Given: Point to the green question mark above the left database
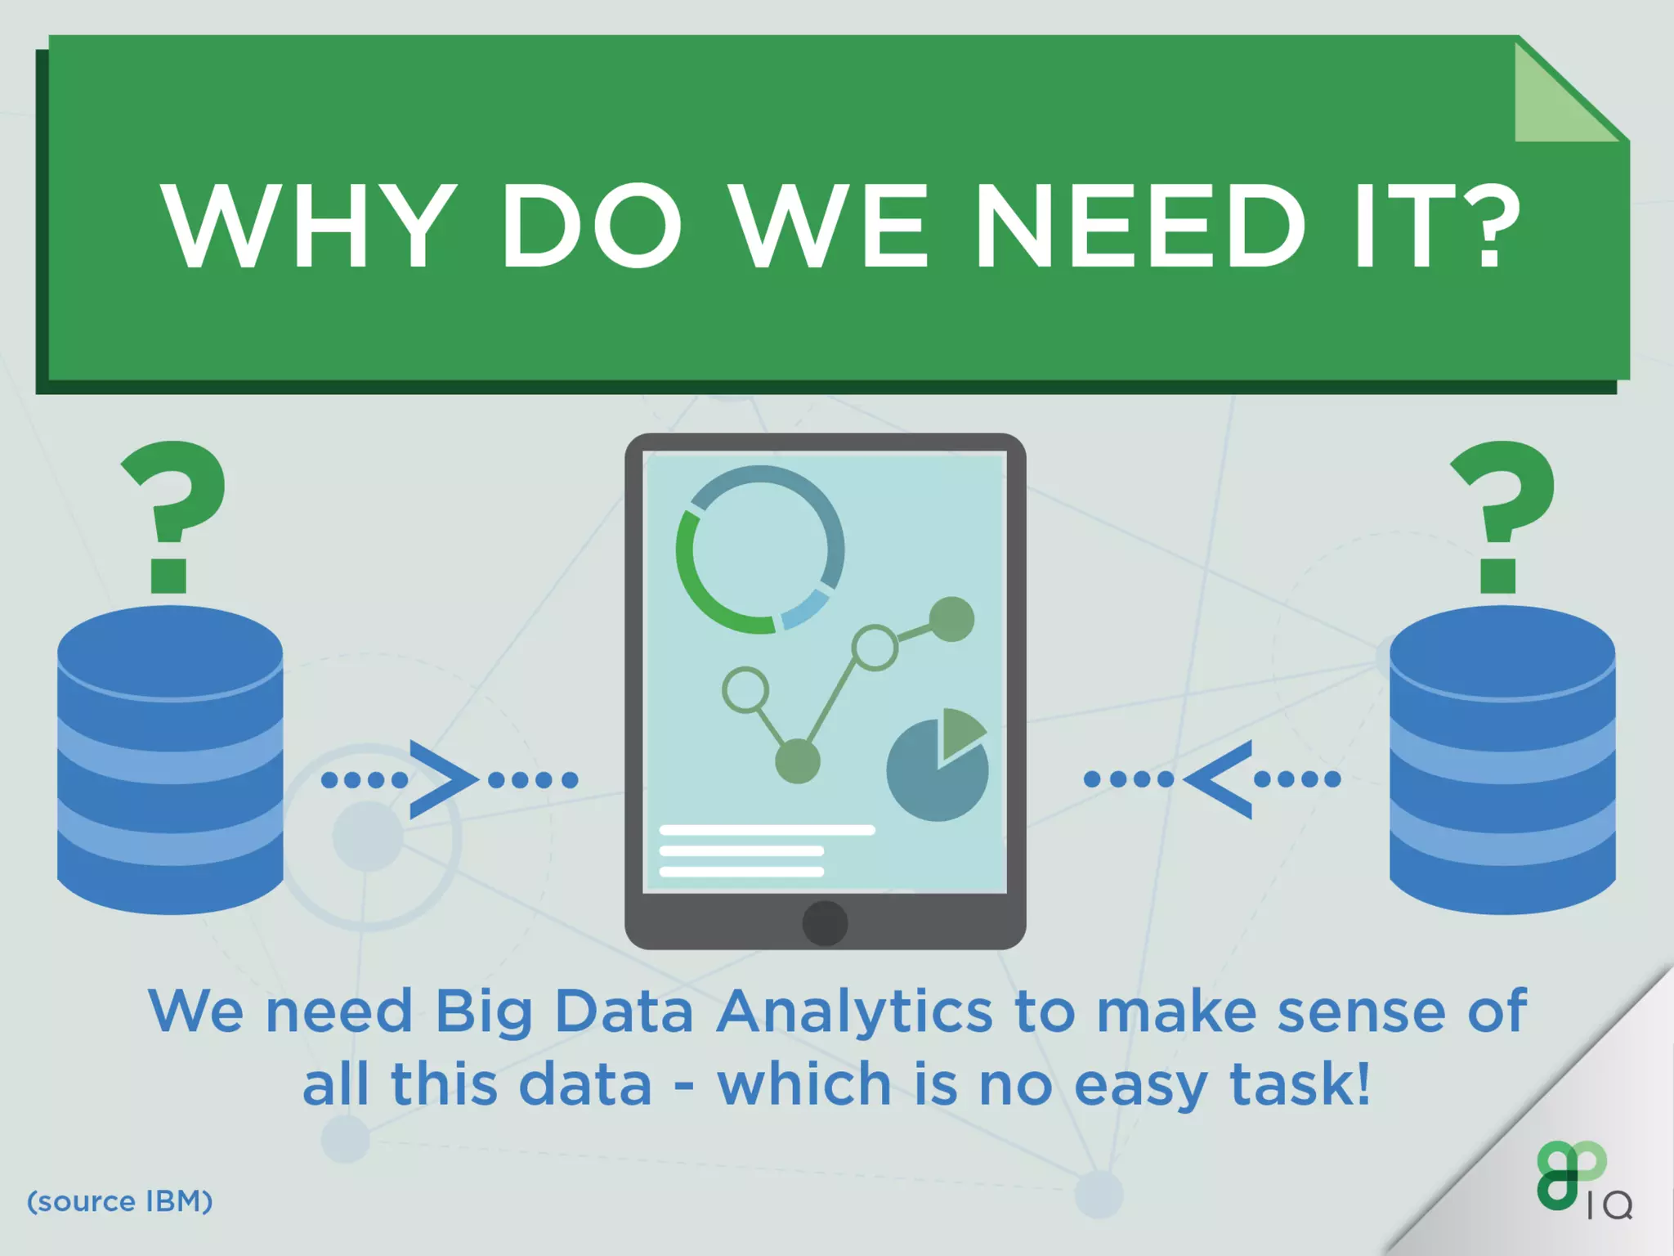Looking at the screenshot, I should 172,515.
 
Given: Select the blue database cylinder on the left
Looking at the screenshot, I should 170,760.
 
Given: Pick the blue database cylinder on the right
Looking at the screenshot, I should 1502,760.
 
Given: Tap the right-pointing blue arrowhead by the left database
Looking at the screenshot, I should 441,779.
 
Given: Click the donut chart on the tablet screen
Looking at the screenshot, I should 760,549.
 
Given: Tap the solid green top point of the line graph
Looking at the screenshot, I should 952,619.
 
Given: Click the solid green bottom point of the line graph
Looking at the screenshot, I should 797,760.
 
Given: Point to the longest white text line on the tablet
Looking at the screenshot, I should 767,830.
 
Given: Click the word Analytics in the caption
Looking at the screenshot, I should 854,1012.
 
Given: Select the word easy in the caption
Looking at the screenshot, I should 1140,1085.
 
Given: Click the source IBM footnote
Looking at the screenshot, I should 120,1201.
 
